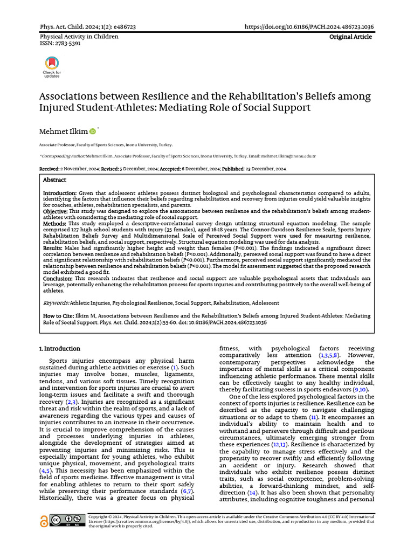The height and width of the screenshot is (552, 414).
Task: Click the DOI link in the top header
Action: pos(309,26)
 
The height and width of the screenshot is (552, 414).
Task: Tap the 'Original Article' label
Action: pos(351,37)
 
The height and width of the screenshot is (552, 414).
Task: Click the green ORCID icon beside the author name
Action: pos(92,131)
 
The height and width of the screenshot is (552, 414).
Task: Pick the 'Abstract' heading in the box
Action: pos(54,180)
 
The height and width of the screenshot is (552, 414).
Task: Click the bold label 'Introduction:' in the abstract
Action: pos(60,193)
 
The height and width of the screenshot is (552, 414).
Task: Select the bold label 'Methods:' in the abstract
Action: pos(55,223)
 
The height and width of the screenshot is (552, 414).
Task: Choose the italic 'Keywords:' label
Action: pos(56,303)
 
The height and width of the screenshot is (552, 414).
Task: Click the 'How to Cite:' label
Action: pos(60,316)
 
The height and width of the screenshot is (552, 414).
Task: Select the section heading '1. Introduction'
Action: pos(60,349)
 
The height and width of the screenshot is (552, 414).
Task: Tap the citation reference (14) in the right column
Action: pos(252,493)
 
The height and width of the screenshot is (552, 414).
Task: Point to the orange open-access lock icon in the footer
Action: pos(44,521)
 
